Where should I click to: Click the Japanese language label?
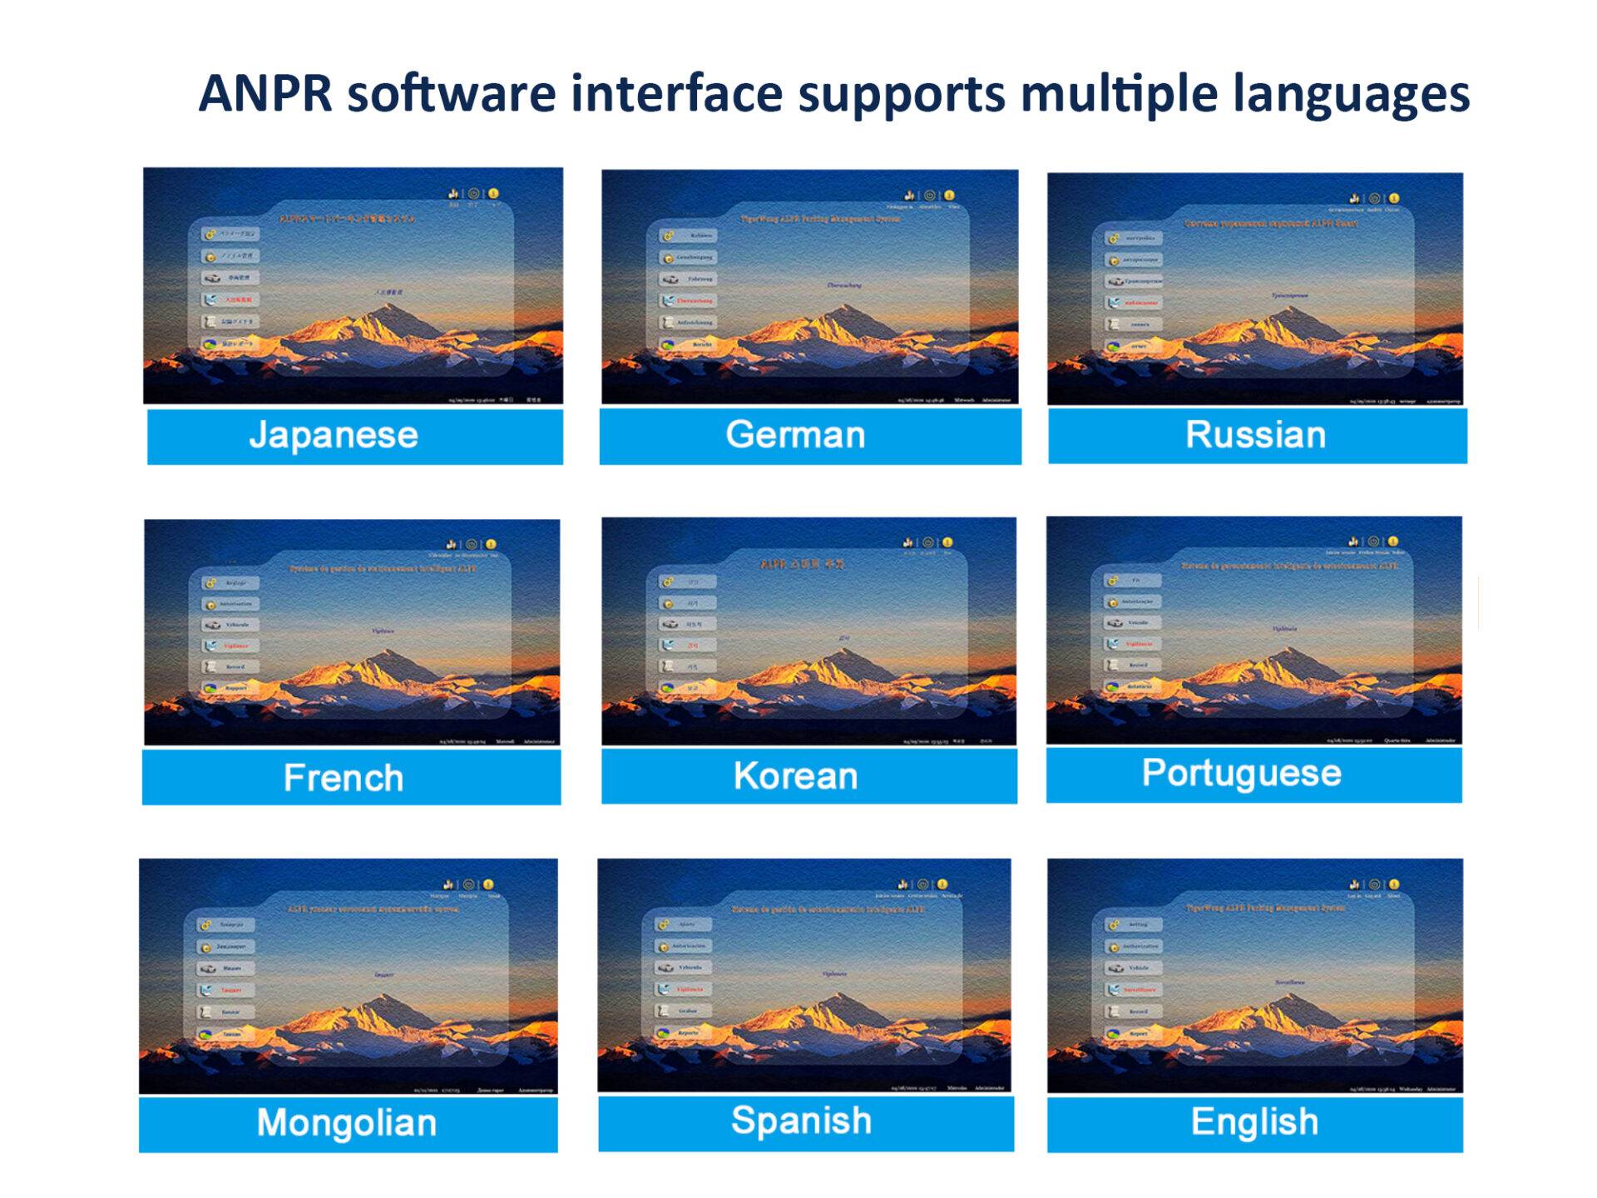click(334, 435)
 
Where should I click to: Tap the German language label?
click(795, 435)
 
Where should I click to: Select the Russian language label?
click(1255, 435)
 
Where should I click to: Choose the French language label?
click(344, 778)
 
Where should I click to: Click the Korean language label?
click(795, 776)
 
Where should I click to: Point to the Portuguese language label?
click(1241, 774)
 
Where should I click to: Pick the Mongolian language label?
click(346, 1123)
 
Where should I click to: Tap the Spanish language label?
click(801, 1121)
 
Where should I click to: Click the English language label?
click(1254, 1122)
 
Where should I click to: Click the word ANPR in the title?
click(265, 93)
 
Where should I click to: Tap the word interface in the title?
click(676, 93)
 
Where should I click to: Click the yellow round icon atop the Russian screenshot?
click(1394, 198)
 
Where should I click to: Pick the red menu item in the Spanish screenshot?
click(690, 989)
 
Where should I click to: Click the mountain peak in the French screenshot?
click(385, 655)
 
